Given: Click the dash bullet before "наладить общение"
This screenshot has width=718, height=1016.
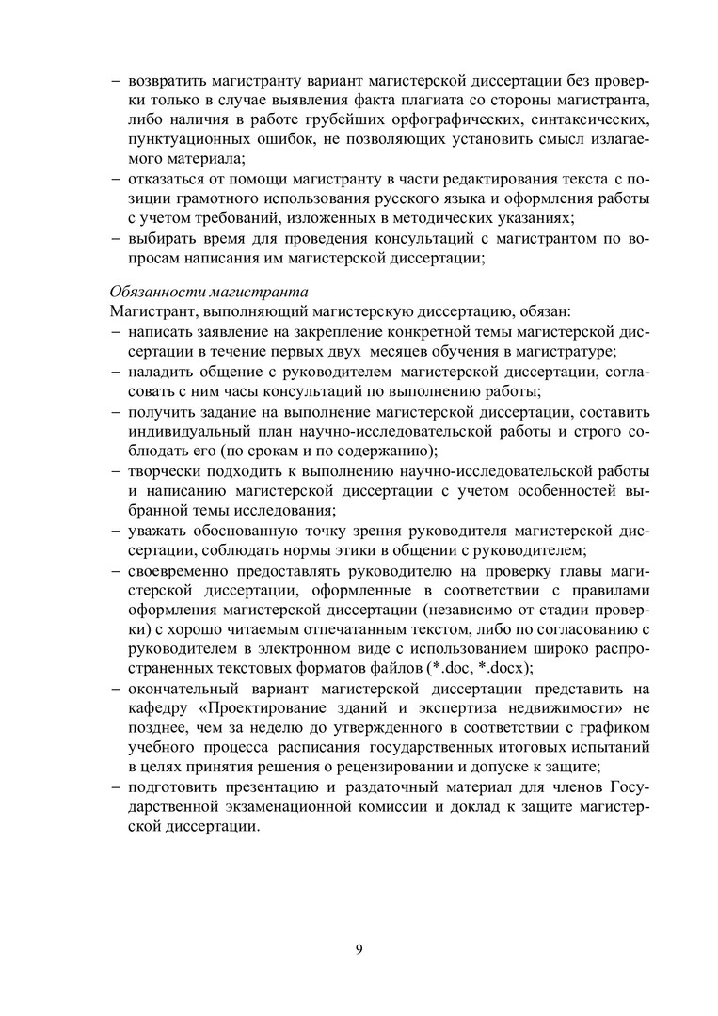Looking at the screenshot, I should coord(115,371).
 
